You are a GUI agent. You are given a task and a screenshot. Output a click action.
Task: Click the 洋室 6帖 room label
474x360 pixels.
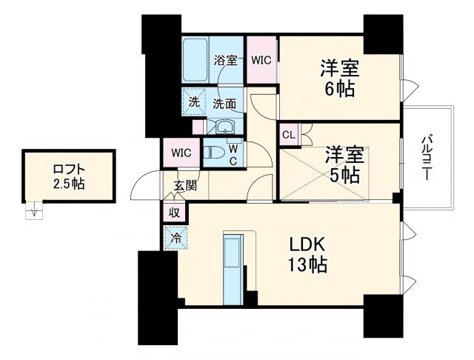coord(339,79)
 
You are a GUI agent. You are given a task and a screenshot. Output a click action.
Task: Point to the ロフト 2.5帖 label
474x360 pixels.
coord(68,176)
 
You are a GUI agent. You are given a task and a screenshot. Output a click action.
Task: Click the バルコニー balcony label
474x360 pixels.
coord(427,157)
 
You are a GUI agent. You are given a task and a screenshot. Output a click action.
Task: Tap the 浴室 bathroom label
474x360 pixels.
coord(226,61)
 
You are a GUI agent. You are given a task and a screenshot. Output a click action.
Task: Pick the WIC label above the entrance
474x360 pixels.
coord(181,153)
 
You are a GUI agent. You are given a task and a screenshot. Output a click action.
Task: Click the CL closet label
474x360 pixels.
coord(288,136)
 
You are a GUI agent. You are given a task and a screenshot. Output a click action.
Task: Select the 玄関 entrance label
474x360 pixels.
coord(185,185)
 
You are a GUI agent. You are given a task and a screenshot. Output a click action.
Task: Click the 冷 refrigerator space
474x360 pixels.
coord(176,239)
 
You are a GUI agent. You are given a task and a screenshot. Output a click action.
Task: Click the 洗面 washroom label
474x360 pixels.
coord(224,104)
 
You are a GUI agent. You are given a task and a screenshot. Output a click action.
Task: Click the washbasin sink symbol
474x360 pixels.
coord(225,127)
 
